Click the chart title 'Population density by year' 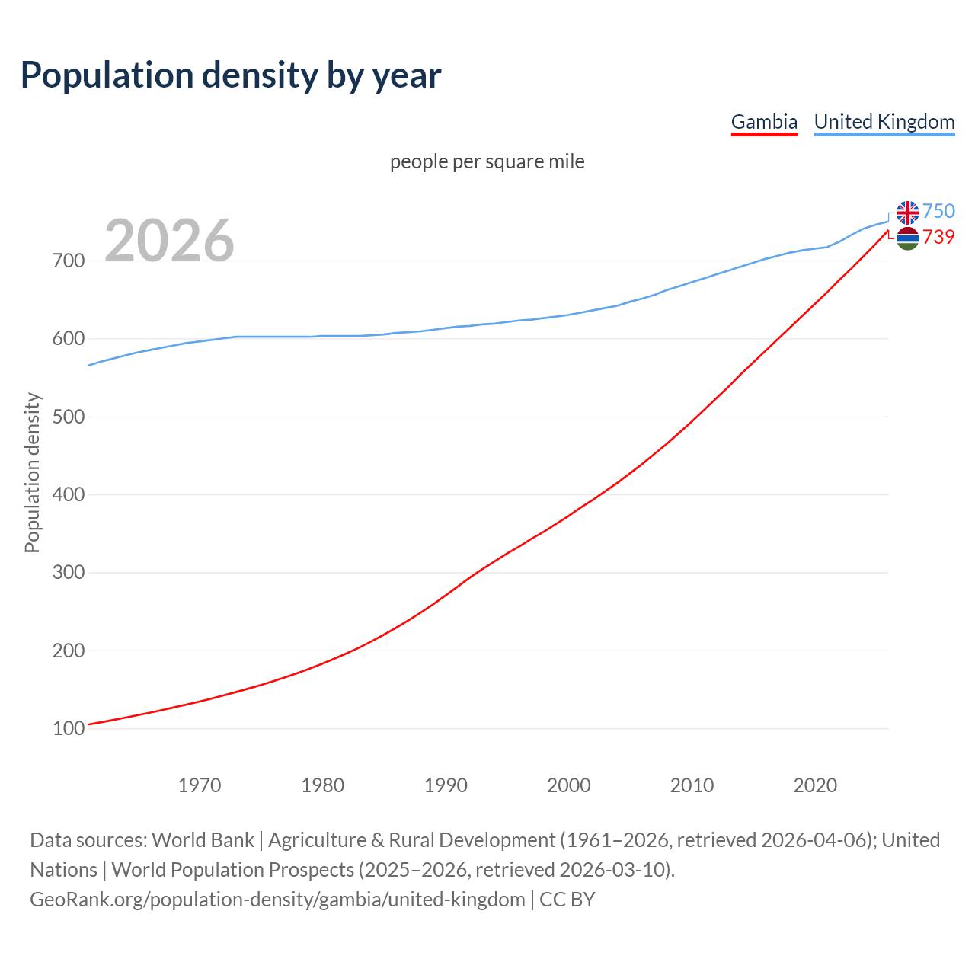click(x=231, y=75)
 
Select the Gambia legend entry click(x=764, y=122)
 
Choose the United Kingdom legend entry click(x=884, y=122)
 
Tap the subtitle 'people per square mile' click(x=487, y=161)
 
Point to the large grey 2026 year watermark click(x=169, y=241)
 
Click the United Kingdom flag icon click(x=907, y=213)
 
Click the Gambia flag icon click(x=907, y=238)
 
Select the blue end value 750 click(x=938, y=211)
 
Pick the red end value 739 click(x=938, y=238)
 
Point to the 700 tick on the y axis click(x=68, y=261)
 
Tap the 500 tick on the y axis click(x=68, y=417)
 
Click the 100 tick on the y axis click(x=68, y=729)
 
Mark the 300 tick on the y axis click(x=68, y=573)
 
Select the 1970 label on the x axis click(x=200, y=785)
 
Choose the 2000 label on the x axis click(x=569, y=785)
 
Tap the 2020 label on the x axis click(x=815, y=785)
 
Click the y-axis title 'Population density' click(x=32, y=472)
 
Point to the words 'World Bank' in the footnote click(x=203, y=840)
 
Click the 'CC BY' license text click(x=567, y=900)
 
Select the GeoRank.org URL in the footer click(x=277, y=900)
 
